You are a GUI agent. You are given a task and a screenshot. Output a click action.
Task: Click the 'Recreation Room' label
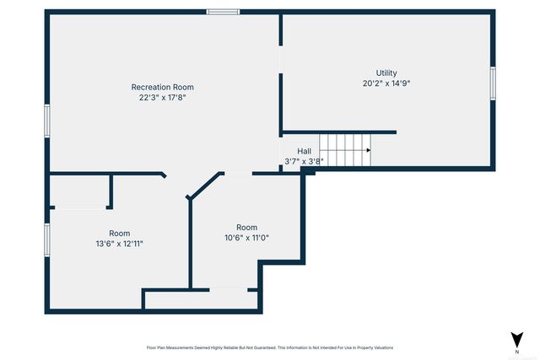coord(162,87)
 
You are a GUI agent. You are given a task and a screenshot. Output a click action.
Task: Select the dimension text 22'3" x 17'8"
coord(162,97)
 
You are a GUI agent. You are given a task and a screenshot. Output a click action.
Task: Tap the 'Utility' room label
coord(386,73)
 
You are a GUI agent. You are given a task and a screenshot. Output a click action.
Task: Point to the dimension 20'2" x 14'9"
coord(386,83)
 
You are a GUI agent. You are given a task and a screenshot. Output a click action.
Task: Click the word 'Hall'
coord(304,151)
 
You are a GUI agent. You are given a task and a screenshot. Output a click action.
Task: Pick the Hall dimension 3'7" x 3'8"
coord(304,160)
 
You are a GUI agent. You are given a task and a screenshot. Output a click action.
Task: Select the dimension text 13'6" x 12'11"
coord(119,244)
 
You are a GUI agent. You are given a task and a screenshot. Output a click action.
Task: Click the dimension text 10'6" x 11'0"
coord(246,238)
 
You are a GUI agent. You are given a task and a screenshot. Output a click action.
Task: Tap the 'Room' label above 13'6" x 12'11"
coord(119,234)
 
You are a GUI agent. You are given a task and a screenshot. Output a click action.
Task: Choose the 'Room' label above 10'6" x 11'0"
coord(246,228)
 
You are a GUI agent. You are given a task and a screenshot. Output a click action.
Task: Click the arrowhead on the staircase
coord(367,150)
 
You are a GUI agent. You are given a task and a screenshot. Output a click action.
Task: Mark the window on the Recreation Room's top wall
coord(224,12)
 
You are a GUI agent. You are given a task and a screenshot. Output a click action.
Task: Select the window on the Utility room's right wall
coord(494,83)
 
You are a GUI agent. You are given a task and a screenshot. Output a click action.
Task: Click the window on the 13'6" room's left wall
coord(48,239)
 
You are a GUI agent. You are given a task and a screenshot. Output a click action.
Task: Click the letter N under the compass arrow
coord(516,351)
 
